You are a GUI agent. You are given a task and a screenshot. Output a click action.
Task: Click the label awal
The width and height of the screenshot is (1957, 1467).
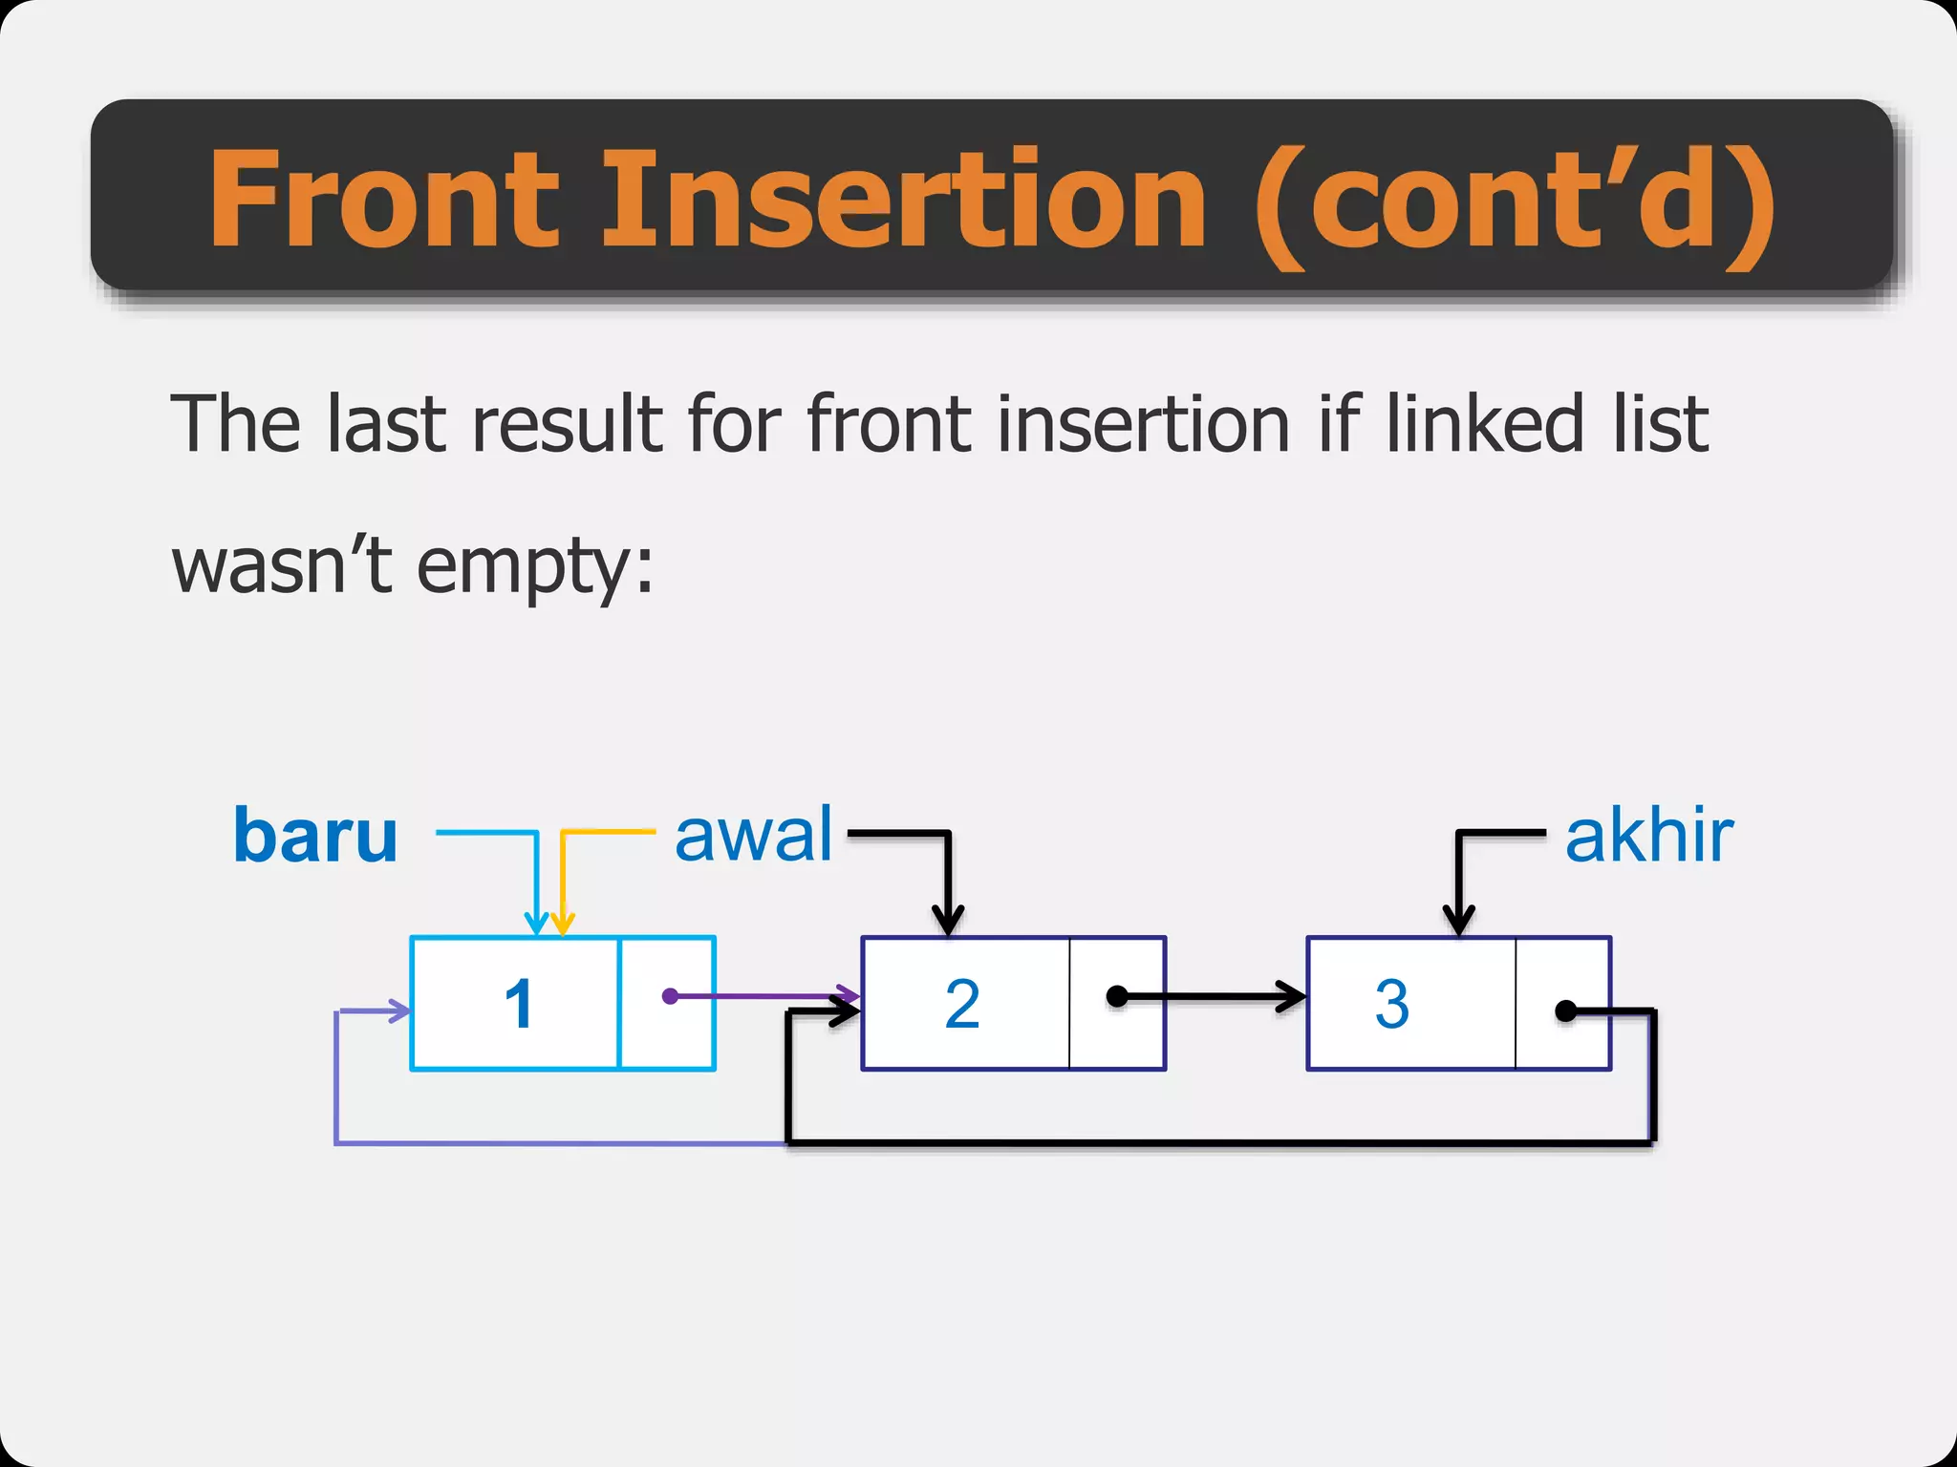point(754,835)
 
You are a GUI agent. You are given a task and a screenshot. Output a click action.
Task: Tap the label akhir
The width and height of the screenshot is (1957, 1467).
point(1648,837)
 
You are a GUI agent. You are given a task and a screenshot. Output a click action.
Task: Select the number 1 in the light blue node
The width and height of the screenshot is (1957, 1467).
point(519,1004)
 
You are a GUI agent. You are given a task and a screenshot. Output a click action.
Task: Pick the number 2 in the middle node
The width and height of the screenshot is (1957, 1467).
point(962,1004)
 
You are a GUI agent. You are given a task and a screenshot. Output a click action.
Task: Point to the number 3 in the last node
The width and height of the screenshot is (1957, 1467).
point(1391,1004)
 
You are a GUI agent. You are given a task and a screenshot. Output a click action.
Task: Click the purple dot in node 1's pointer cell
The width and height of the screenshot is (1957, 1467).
point(670,996)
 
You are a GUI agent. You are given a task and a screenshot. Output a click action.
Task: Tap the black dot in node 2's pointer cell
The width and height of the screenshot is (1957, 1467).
point(1116,997)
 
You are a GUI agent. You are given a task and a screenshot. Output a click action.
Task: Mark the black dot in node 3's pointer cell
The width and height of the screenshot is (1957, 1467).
point(1565,1010)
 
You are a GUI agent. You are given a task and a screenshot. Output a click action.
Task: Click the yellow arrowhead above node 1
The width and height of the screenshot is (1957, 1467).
point(563,924)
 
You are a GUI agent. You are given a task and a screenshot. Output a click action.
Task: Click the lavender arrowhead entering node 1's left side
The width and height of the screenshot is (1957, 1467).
point(399,1010)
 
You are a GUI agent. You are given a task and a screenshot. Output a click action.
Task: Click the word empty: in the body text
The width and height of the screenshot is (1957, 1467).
point(535,567)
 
